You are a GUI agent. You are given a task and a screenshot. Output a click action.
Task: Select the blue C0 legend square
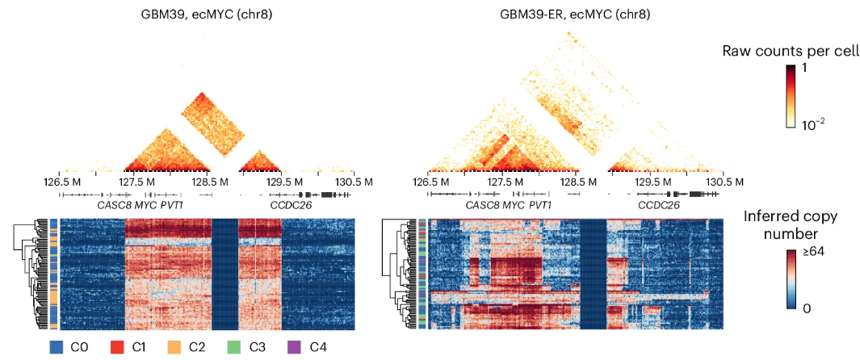pos(57,347)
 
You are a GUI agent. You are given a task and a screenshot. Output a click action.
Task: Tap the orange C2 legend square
pos(174,347)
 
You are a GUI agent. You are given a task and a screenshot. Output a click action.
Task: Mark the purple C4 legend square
pos(295,347)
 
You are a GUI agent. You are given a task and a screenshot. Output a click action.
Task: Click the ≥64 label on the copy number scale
pos(812,253)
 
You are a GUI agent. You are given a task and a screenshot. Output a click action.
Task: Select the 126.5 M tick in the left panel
pos(62,182)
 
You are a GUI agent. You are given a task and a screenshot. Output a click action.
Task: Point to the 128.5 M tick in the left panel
pos(208,182)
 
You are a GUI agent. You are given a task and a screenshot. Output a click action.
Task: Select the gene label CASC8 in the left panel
pos(114,206)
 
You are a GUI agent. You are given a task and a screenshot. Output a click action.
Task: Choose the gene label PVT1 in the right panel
pos(540,206)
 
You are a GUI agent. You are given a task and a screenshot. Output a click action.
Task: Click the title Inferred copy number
pos(791,225)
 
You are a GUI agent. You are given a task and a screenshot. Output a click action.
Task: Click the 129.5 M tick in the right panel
pos(648,182)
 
